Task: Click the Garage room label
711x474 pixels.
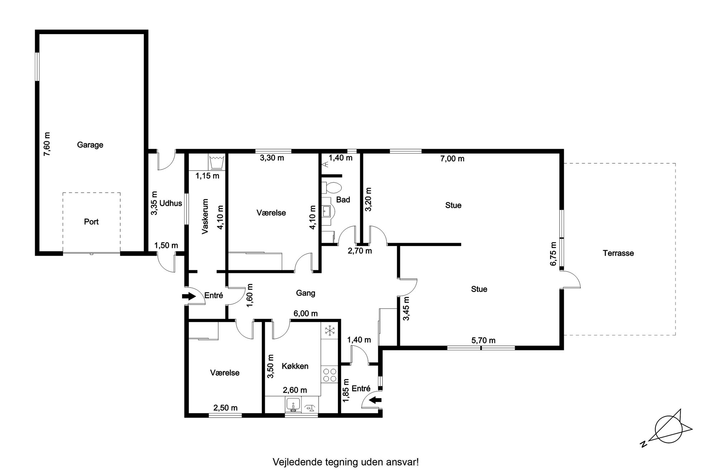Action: point(90,145)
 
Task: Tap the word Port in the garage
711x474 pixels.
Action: point(91,222)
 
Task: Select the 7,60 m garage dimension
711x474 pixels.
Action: point(47,144)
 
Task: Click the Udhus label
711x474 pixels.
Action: point(171,204)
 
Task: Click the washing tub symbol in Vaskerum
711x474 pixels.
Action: point(217,162)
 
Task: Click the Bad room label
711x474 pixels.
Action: point(343,200)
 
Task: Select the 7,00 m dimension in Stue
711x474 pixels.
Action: point(452,159)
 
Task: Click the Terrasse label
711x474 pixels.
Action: point(618,253)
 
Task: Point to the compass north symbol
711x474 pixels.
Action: point(666,428)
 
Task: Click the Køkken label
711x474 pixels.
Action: point(295,366)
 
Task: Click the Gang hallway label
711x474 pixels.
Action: point(305,293)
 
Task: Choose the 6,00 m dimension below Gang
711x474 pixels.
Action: point(306,314)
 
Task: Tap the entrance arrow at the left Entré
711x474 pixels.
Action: point(188,296)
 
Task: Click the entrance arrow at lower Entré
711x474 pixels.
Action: point(376,400)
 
